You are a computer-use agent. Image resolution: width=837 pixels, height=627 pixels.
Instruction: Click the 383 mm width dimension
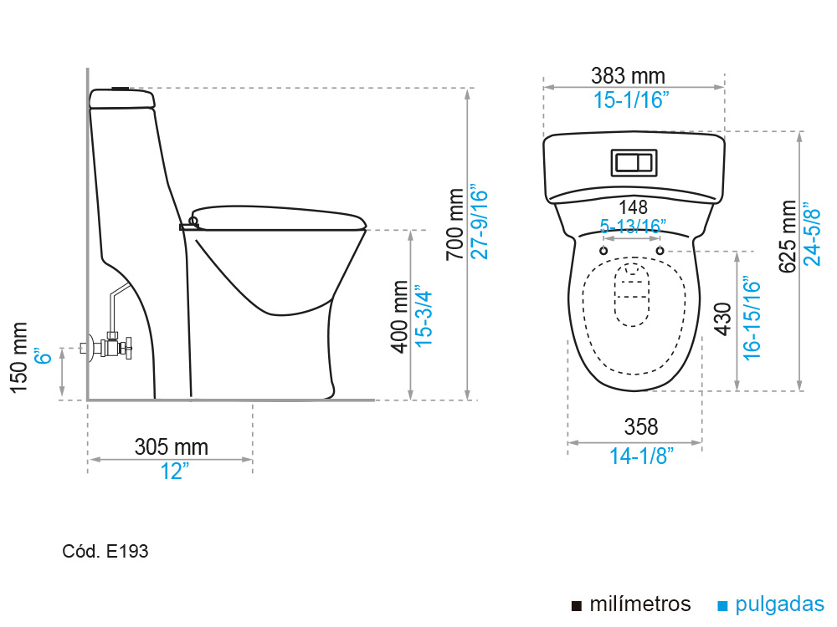click(628, 76)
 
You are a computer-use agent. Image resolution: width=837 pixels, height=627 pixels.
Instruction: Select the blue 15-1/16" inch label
click(631, 100)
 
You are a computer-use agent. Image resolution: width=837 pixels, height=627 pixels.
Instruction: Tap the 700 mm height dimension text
click(455, 224)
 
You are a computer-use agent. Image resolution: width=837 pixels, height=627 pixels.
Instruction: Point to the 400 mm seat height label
click(399, 317)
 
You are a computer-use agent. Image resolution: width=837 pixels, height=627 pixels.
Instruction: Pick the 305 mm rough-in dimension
click(172, 446)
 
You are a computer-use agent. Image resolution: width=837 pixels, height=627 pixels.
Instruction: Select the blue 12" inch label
click(175, 472)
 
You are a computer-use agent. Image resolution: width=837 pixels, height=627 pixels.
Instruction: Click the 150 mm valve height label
click(18, 358)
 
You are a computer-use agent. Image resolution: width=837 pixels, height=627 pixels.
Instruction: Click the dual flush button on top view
click(634, 163)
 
